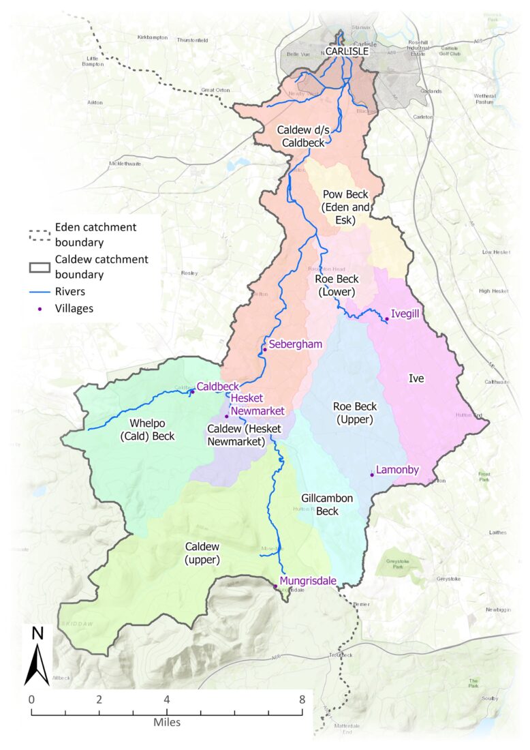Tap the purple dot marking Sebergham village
tap(265, 349)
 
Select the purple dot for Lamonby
tap(372, 475)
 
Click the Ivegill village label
tap(404, 316)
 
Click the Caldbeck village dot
tap(192, 391)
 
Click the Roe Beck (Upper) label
tap(353, 413)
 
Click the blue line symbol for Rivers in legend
tap(40, 291)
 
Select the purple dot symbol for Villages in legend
tap(40, 308)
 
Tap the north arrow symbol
tap(38, 655)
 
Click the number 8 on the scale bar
tap(302, 700)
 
